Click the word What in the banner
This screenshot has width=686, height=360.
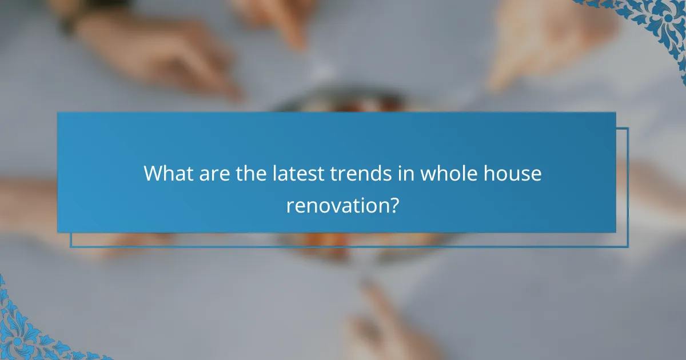coord(168,173)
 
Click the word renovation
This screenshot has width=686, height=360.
coord(337,205)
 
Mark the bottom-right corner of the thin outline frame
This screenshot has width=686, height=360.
coord(628,247)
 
